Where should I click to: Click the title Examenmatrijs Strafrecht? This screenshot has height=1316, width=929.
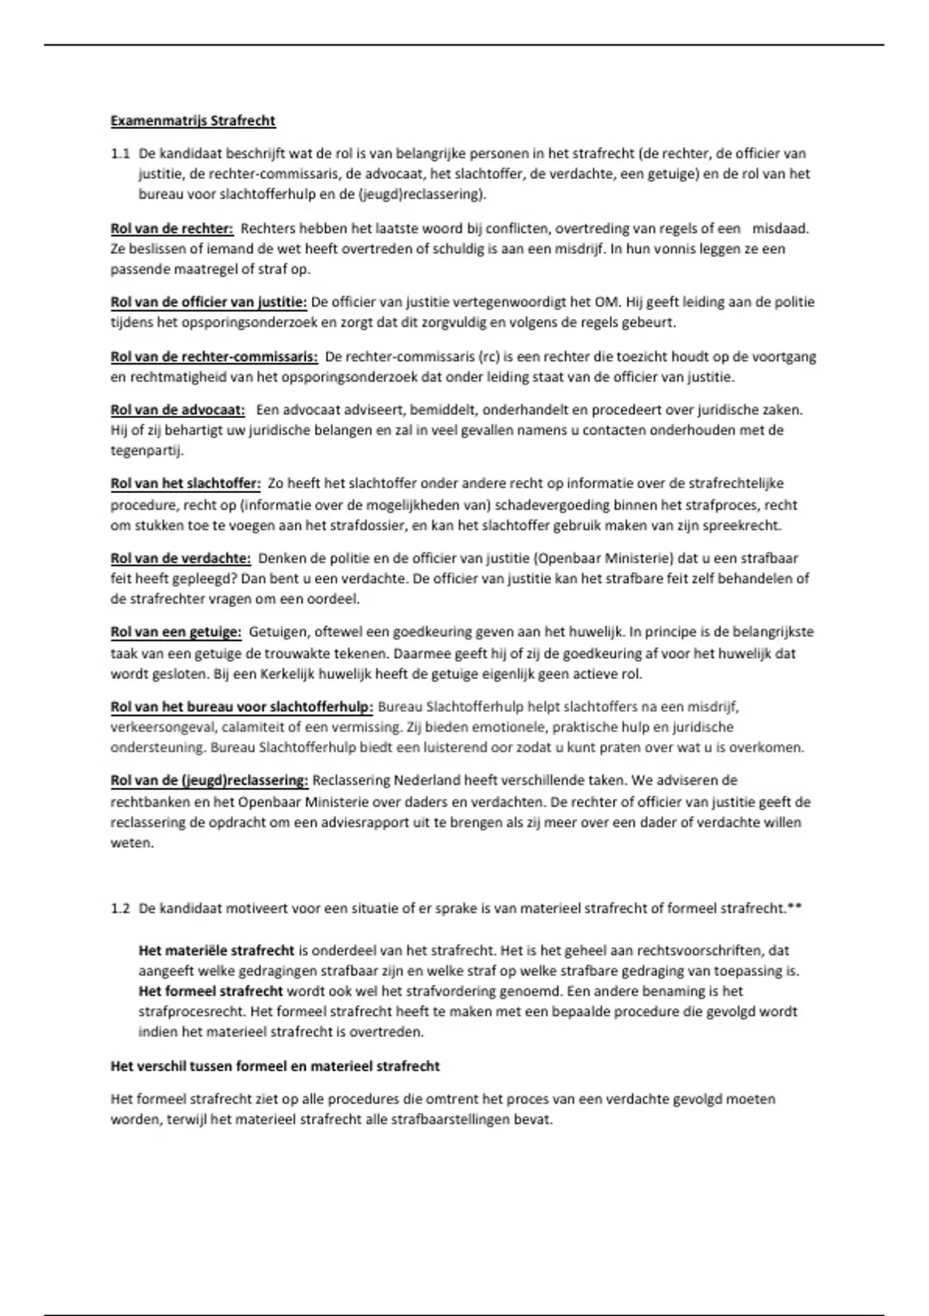coord(193,121)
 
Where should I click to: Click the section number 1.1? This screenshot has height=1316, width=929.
coord(120,153)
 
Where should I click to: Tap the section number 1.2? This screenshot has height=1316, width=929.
coord(120,908)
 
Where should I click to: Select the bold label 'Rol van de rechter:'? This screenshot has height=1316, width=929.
coord(172,228)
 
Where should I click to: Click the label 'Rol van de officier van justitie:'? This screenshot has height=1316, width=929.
coord(209,302)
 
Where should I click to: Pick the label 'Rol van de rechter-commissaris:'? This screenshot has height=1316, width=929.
coord(214,357)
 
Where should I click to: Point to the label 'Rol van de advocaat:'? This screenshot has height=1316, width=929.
coord(178,410)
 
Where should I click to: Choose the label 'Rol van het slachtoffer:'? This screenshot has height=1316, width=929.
coord(186,484)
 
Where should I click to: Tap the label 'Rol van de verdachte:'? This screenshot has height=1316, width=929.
coord(181,558)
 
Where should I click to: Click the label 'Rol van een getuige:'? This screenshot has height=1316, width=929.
coord(177,632)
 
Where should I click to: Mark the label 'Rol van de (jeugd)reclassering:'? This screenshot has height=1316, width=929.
coord(210,780)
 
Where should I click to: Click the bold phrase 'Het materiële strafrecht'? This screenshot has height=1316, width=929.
coord(217,950)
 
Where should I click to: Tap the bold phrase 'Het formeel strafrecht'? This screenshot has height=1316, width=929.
coord(211,991)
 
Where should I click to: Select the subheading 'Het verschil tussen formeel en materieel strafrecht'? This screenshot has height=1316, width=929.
coord(275,1066)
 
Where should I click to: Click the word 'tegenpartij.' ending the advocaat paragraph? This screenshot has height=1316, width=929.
coord(147,450)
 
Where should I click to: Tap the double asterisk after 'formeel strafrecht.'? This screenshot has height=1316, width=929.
coord(794,906)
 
